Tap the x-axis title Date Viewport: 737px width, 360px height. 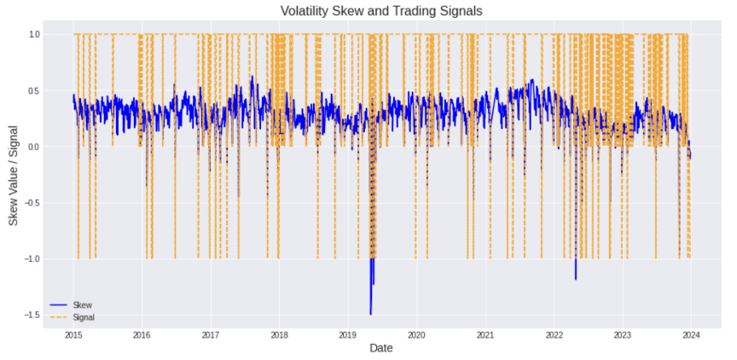pyautogui.click(x=381, y=348)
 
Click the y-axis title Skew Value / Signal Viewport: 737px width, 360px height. pyautogui.click(x=14, y=174)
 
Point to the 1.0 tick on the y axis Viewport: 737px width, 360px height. pyautogui.click(x=34, y=34)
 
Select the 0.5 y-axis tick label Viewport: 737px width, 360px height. pyautogui.click(x=34, y=90)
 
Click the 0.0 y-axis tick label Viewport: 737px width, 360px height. pyautogui.click(x=34, y=147)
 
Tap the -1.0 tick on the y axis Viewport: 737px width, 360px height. pyautogui.click(x=32, y=258)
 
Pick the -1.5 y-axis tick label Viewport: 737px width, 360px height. pyautogui.click(x=32, y=315)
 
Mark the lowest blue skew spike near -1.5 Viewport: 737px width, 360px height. pyautogui.click(x=370, y=314)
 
